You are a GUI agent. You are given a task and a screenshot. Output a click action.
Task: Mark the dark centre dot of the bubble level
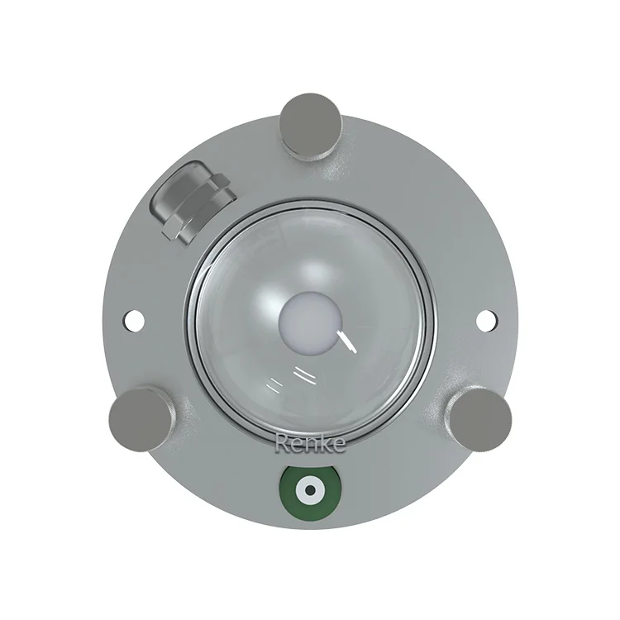(311, 490)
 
